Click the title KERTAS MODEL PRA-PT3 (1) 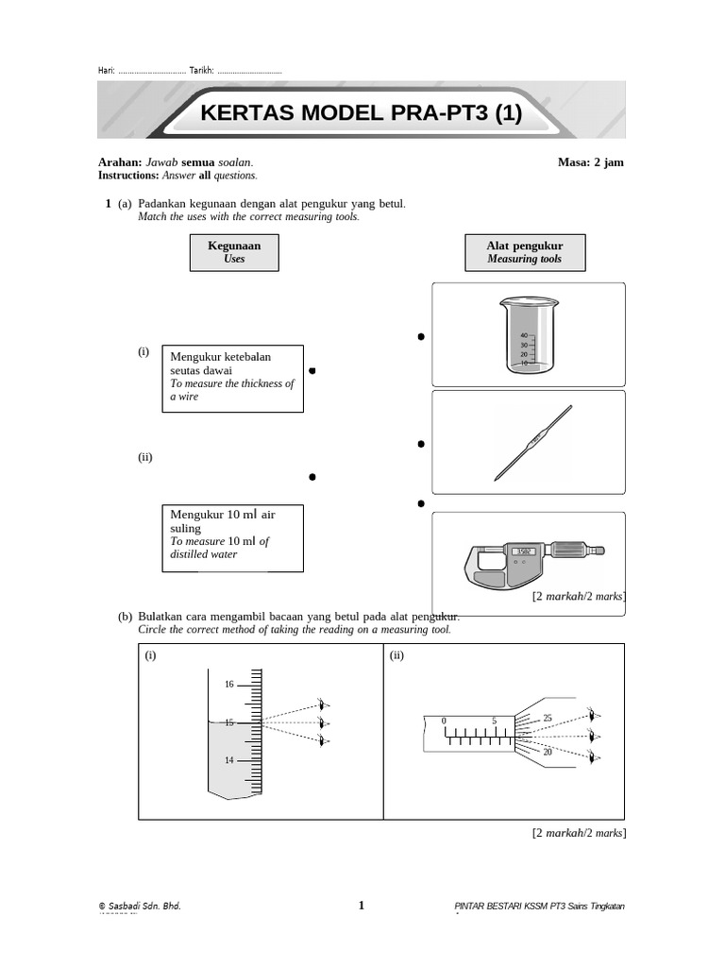coord(362,114)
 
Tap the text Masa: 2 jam coord(590,162)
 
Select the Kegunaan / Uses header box coord(234,252)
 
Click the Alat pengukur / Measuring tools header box coord(524,252)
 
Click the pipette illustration coord(534,441)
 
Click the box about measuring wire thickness coord(233,378)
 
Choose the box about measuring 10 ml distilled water coord(233,537)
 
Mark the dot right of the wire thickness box coord(312,370)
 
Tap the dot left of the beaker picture coord(420,337)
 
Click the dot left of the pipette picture coord(420,444)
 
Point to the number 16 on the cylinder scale coord(228,684)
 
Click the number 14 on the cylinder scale coord(228,760)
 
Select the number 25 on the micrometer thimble coord(548,719)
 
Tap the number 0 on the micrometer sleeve coord(443,721)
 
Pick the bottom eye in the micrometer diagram coord(592,755)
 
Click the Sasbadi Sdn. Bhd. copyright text coord(140,907)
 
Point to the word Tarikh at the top coord(201,72)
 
